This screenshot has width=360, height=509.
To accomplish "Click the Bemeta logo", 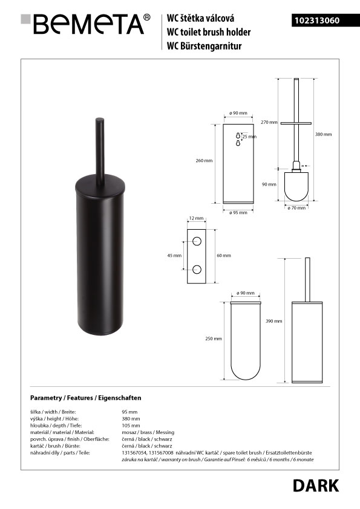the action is (x=85, y=24).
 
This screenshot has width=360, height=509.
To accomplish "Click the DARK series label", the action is (x=315, y=485).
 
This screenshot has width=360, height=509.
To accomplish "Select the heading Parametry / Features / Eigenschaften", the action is (x=86, y=398).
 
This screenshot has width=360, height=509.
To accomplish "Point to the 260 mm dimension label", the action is (x=204, y=160).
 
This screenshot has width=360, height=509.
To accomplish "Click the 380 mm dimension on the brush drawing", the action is (x=323, y=134).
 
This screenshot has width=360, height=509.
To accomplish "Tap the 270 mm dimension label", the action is (x=269, y=122).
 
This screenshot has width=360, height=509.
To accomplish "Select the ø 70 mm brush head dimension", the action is (x=296, y=208).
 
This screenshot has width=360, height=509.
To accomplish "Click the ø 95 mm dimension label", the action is (x=238, y=213).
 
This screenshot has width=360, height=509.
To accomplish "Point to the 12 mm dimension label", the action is (x=196, y=218).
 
